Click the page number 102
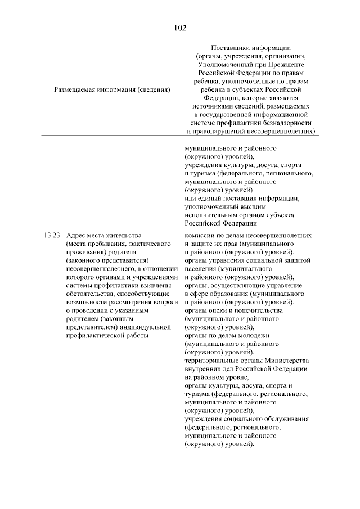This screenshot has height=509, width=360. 180,27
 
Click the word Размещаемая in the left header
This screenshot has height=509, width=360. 75,89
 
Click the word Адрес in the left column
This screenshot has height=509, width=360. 75,235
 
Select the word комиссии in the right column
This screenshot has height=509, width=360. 200,235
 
